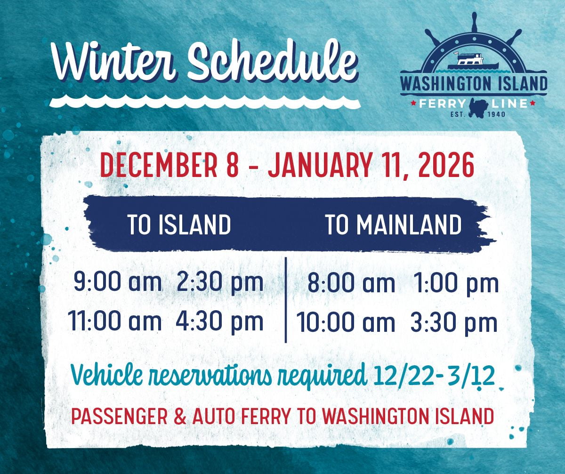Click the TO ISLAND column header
pos(179,225)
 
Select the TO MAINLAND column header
pos(394,225)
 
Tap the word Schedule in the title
pos(272,64)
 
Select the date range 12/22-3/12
pos(434,376)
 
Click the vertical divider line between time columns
pos(286,300)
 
